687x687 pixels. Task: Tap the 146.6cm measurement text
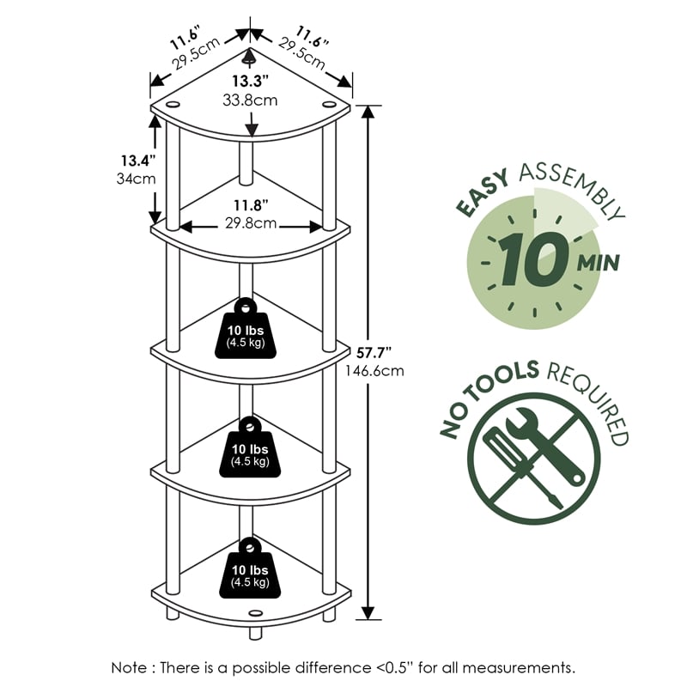(378, 371)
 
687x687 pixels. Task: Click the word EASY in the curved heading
(481, 193)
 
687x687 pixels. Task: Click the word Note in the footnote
(131, 666)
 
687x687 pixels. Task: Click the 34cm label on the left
(135, 179)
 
